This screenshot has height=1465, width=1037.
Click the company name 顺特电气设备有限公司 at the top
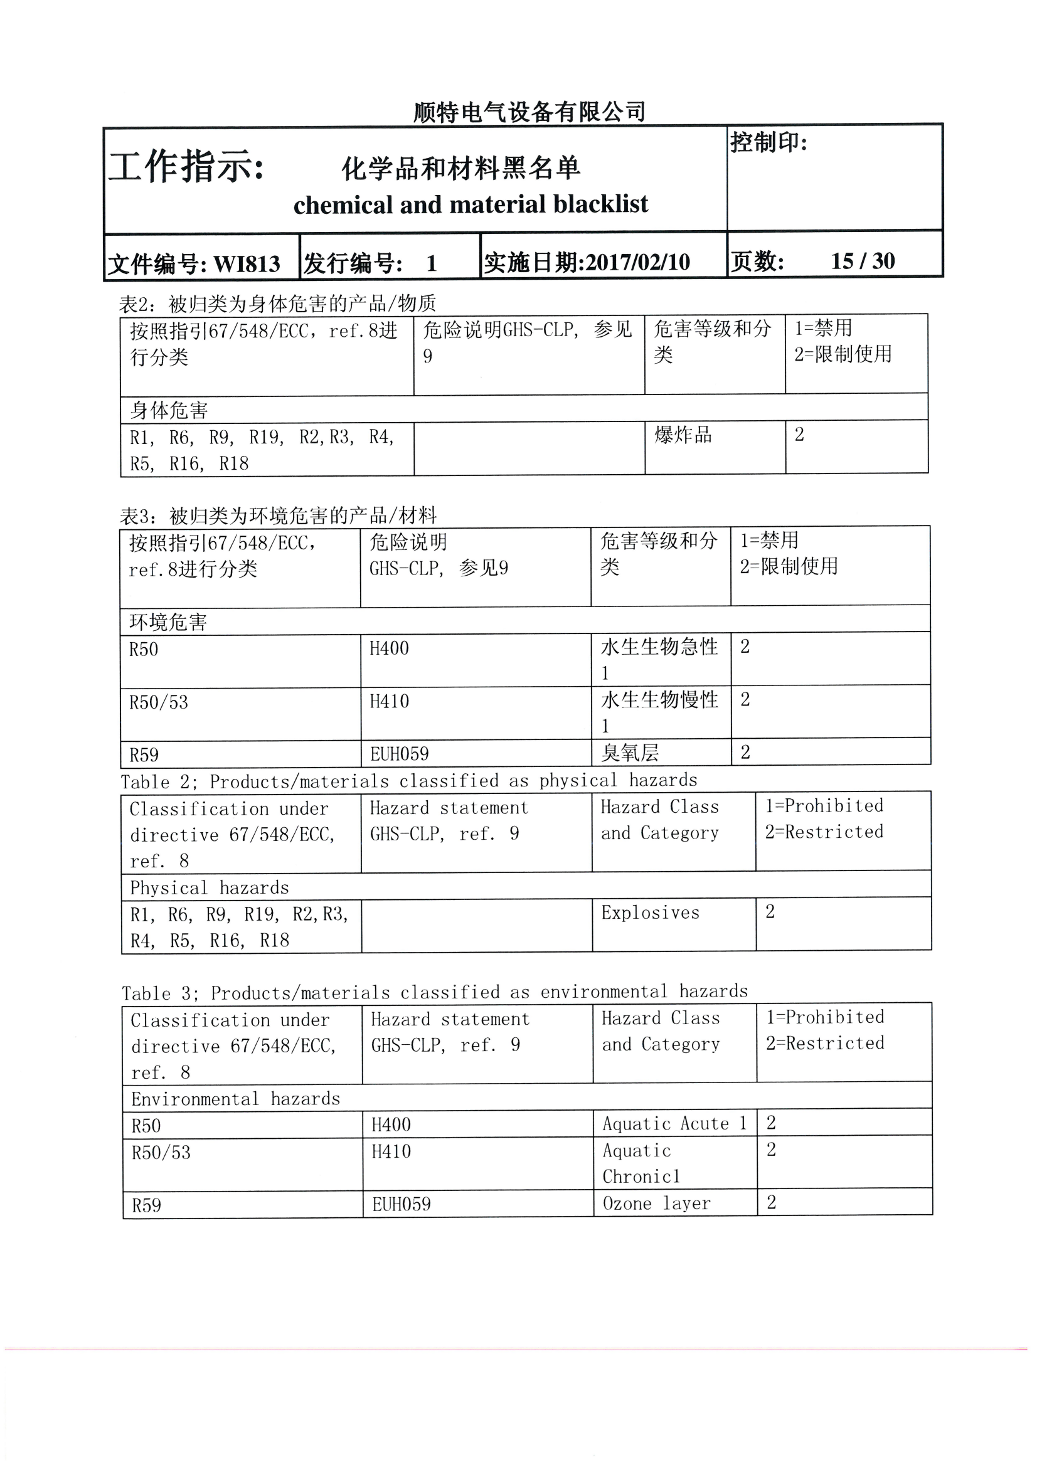tap(529, 112)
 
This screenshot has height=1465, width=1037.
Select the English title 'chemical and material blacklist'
tap(471, 204)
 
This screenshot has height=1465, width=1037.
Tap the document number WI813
tap(247, 263)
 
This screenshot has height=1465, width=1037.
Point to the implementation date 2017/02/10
tap(637, 262)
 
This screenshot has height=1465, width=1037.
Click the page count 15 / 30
tap(862, 261)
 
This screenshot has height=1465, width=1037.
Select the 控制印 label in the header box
tap(769, 142)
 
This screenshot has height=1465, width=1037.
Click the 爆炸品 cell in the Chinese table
tap(683, 435)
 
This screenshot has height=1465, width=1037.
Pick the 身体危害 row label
tap(169, 410)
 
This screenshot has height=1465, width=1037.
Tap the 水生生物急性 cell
tap(659, 647)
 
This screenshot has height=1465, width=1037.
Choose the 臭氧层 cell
tap(630, 753)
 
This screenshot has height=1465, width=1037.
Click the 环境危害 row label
tap(169, 621)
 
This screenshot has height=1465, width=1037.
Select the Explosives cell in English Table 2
tap(650, 913)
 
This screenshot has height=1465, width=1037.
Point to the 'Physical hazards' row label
tap(210, 888)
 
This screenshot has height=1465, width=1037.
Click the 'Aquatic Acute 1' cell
tap(674, 1123)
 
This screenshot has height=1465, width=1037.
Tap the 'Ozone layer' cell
tap(656, 1203)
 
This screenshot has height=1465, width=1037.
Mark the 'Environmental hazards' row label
tap(236, 1099)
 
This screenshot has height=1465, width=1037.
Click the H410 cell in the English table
tap(391, 1151)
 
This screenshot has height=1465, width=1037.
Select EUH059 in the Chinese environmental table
tap(399, 754)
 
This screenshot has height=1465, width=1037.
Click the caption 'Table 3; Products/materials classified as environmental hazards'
tap(434, 992)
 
